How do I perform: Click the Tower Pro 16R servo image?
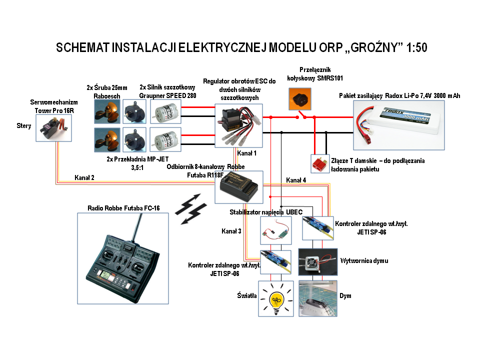pyautogui.click(x=54, y=129)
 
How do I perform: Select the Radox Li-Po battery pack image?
pyautogui.click(x=398, y=125)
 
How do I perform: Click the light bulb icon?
pyautogui.click(x=275, y=299)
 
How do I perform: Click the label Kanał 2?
pyautogui.click(x=84, y=177)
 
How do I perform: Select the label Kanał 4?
pyautogui.click(x=296, y=179)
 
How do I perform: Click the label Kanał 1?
pyautogui.click(x=246, y=152)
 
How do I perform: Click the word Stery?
pyautogui.click(x=23, y=126)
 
